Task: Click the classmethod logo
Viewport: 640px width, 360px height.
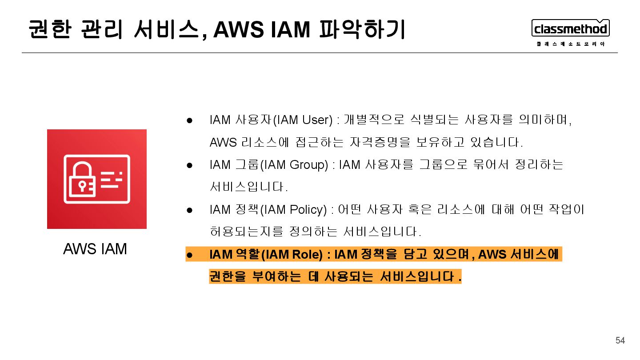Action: point(570,29)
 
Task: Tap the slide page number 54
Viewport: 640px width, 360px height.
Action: point(620,340)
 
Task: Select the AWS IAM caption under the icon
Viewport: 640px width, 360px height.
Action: point(95,249)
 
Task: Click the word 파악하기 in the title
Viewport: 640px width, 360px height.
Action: point(362,30)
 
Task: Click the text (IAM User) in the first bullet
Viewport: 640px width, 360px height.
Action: point(303,120)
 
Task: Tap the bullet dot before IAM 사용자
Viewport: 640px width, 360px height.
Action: point(189,120)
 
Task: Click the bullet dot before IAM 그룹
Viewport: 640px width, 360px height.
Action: point(189,165)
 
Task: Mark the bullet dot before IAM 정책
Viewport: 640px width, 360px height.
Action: point(189,210)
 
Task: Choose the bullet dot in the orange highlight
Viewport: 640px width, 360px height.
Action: point(189,255)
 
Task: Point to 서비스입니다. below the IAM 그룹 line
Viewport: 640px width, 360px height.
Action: point(249,187)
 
